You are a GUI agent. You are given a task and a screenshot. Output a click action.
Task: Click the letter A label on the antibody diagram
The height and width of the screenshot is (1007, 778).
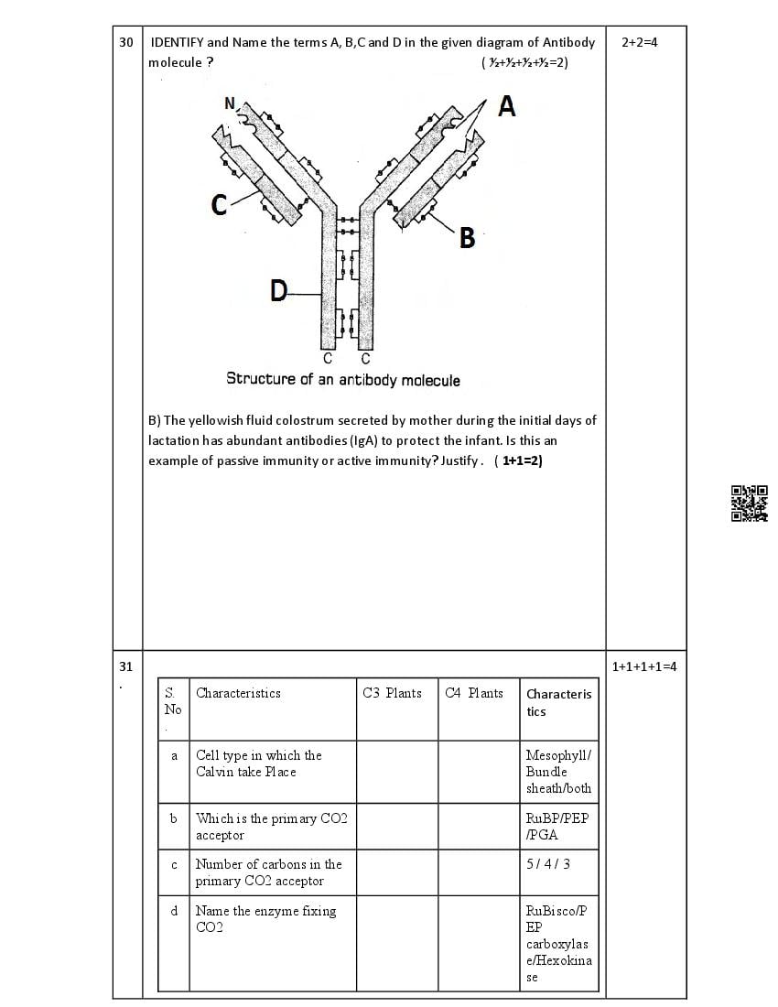tap(506, 107)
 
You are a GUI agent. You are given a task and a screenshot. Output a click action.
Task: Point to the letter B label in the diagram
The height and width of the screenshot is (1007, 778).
tap(467, 239)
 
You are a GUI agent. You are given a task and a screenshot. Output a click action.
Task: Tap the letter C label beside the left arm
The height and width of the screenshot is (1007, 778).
tap(219, 205)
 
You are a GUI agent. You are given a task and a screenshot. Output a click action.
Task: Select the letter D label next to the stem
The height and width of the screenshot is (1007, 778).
tap(278, 291)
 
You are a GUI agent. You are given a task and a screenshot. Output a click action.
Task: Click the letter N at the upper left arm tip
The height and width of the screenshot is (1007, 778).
tap(230, 103)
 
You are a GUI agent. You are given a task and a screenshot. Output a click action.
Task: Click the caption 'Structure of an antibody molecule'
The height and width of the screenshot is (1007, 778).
tap(343, 379)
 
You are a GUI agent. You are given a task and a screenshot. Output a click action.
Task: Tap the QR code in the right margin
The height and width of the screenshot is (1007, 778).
tap(750, 503)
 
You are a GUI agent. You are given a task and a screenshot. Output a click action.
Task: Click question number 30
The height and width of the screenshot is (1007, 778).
tap(126, 42)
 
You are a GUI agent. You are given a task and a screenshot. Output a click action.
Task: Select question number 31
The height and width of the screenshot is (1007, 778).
tap(126, 666)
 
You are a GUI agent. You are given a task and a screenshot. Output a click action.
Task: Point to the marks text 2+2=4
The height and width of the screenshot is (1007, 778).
tap(639, 42)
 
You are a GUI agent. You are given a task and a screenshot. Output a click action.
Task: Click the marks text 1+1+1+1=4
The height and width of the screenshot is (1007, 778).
tap(644, 666)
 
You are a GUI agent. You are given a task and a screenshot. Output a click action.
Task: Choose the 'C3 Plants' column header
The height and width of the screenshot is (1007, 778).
tap(392, 693)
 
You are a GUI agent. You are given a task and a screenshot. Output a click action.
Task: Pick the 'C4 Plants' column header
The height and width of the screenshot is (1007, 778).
tap(474, 693)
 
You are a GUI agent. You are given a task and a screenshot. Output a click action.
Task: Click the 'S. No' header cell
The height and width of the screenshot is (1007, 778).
tap(172, 701)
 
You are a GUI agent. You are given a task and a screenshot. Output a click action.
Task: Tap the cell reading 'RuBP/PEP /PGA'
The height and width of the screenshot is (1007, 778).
tap(557, 826)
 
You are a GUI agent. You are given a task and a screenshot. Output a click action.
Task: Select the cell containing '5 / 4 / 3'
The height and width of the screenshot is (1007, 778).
tap(547, 863)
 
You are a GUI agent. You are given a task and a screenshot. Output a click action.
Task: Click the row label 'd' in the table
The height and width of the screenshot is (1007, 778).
tap(174, 911)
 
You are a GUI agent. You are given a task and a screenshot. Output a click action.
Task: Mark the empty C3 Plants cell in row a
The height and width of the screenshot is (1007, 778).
tap(396, 772)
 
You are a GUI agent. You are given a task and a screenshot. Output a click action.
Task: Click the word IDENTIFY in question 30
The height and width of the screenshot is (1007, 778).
tap(178, 42)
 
